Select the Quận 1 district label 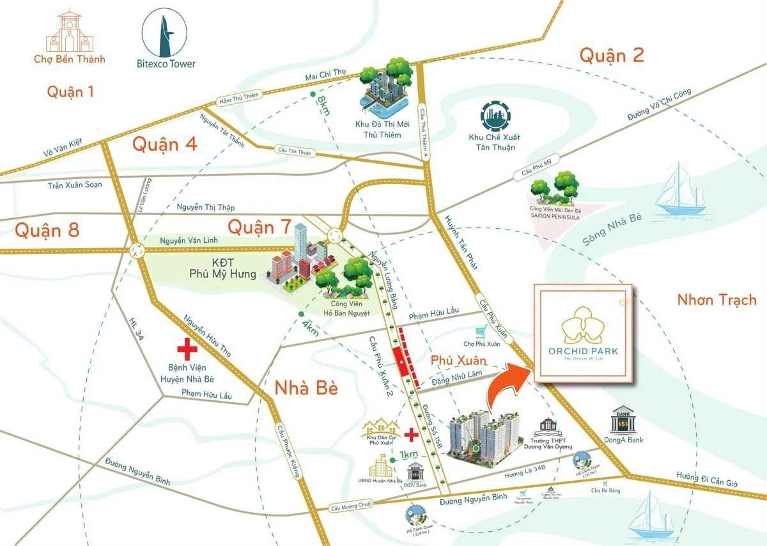pos(70,91)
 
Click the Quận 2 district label pos(612,56)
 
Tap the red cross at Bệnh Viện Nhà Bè pos(187,350)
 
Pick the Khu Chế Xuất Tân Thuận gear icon pos(495,116)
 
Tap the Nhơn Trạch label pos(717,299)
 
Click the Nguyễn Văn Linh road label pos(185,240)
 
